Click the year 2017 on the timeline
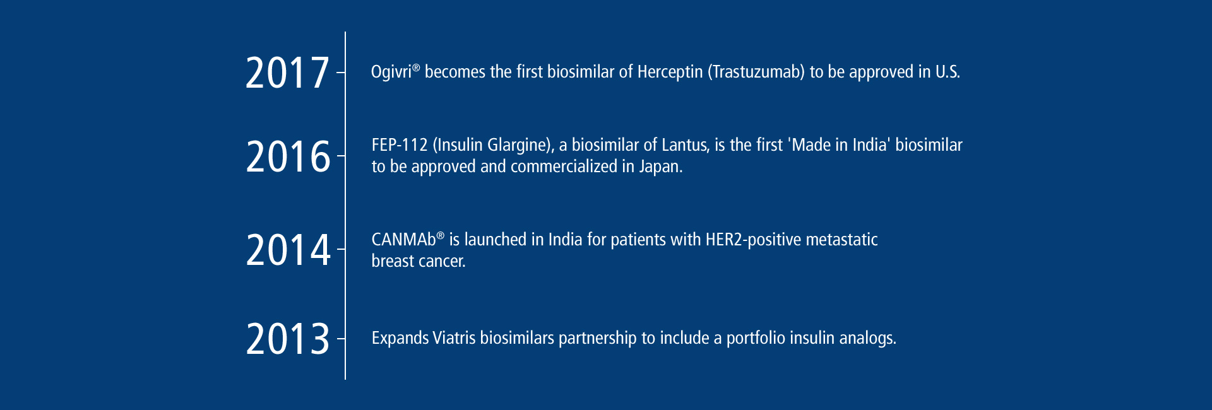pos(287,73)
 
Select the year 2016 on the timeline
pos(288,156)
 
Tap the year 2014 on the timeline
pos(288,250)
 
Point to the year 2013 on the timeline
pos(288,339)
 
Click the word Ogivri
pos(391,73)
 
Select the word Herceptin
pos(670,73)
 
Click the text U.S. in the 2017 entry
pos(948,72)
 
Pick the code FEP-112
pos(400,145)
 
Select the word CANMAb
pos(404,240)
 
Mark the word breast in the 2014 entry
pos(391,261)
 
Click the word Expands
pos(400,339)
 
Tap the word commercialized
pos(564,167)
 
